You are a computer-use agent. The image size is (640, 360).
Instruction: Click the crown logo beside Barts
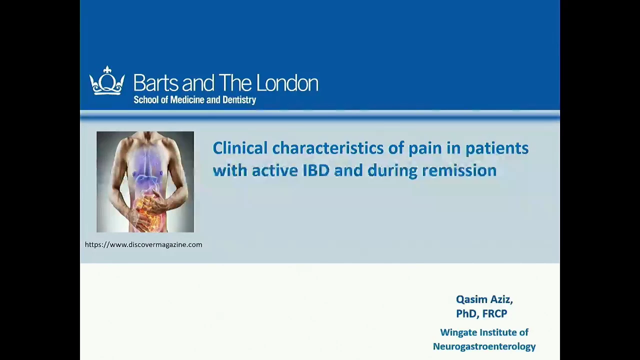[x=107, y=80]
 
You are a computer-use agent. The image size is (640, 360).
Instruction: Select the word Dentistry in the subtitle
[x=239, y=100]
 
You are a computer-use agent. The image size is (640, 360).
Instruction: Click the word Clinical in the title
[x=240, y=148]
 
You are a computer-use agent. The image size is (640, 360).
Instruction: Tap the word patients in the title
[x=497, y=148]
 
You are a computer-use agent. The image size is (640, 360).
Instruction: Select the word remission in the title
[x=459, y=170]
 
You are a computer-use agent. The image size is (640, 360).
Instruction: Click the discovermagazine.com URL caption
[x=143, y=244]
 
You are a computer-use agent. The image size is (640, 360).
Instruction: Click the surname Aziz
[x=501, y=299]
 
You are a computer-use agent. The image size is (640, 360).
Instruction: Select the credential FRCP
[x=494, y=313]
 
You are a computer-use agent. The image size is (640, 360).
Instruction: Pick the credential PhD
[x=467, y=313]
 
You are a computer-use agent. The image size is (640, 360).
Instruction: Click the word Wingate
[x=458, y=332]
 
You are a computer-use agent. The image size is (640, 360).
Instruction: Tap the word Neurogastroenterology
[x=484, y=346]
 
